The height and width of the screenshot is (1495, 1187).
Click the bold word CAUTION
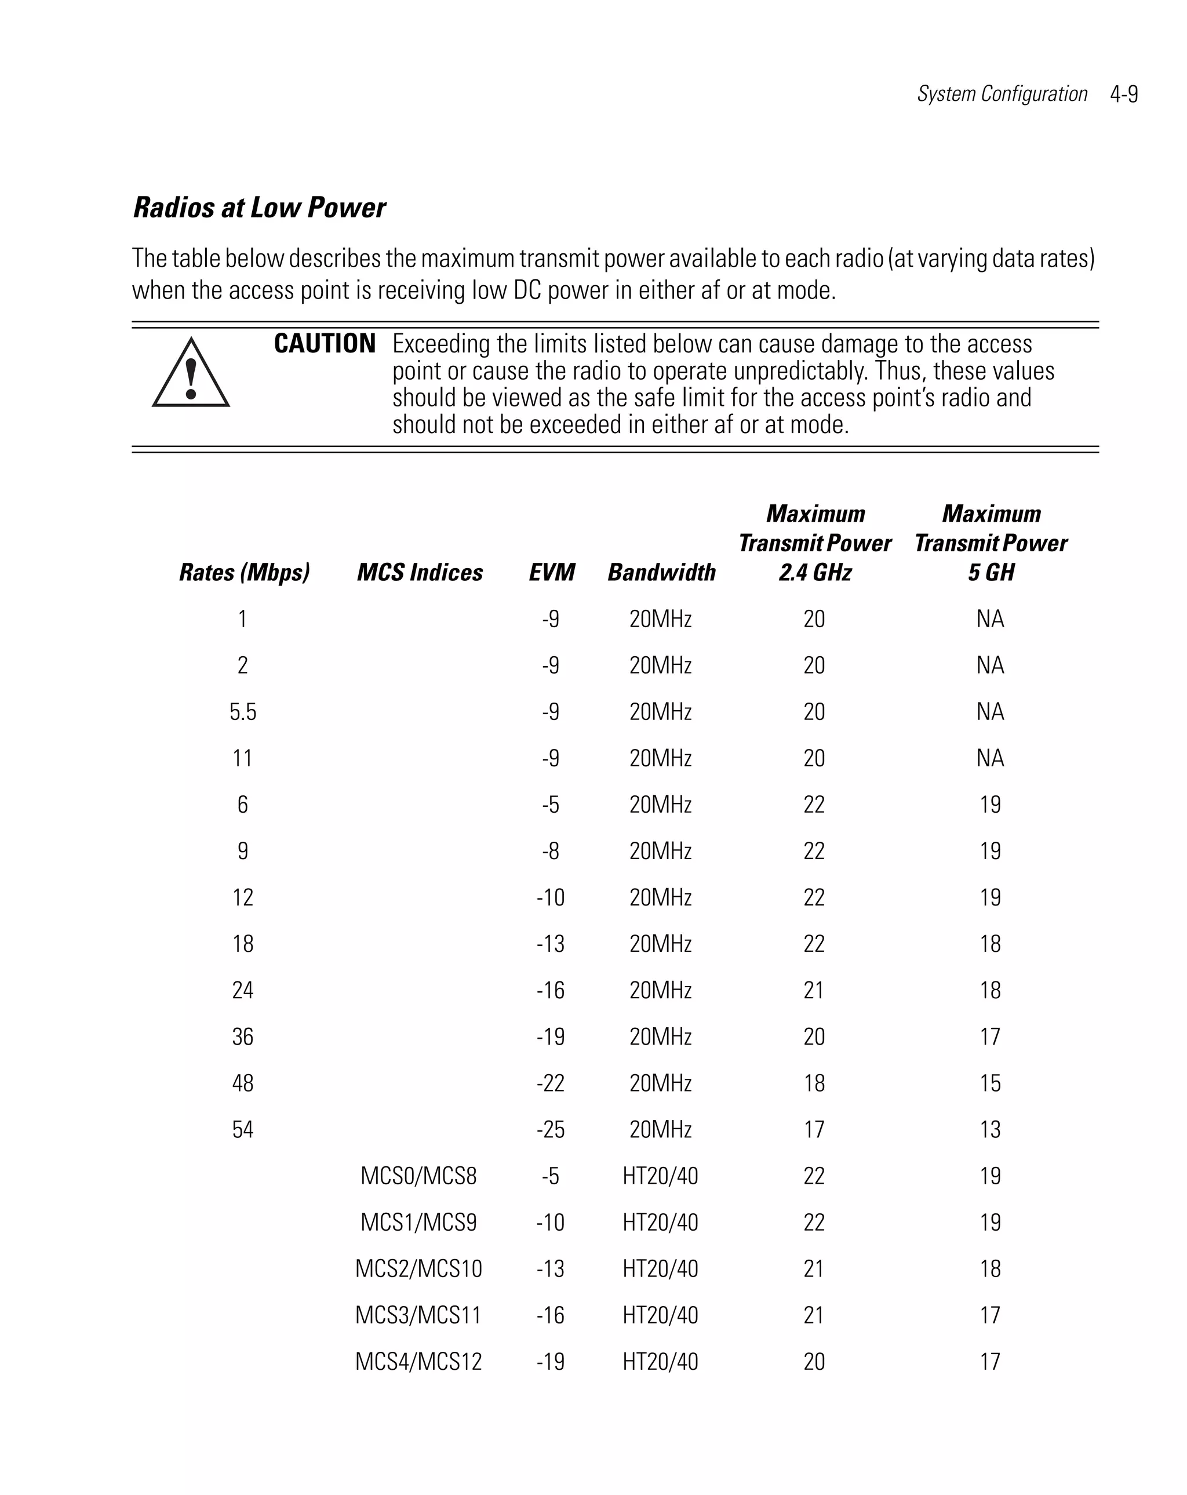pos(325,344)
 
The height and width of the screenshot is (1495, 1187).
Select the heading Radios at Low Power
pos(258,208)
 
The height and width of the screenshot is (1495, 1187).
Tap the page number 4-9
pos(1123,94)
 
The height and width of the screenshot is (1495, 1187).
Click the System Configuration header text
pos(1002,94)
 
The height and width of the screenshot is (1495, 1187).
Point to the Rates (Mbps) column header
pos(244,572)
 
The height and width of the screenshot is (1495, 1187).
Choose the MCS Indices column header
pos(420,572)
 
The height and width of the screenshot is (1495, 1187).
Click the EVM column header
pos(552,572)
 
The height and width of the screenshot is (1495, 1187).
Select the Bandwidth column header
pos(661,572)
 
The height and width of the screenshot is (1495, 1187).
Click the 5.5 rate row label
pos(243,712)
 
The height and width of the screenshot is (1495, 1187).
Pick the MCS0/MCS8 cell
pos(418,1176)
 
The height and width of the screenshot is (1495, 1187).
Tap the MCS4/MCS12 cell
pos(418,1361)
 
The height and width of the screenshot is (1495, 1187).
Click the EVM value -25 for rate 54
pos(551,1130)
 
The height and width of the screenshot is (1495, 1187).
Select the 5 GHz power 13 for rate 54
pos(990,1130)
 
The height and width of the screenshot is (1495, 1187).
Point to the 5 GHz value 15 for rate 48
pos(990,1083)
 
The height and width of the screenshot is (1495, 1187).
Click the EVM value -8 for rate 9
pos(551,851)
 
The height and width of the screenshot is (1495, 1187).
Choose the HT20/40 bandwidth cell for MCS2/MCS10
pos(660,1268)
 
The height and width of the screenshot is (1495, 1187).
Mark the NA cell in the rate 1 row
pos(990,619)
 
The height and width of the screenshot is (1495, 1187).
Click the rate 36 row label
pos(243,1036)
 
